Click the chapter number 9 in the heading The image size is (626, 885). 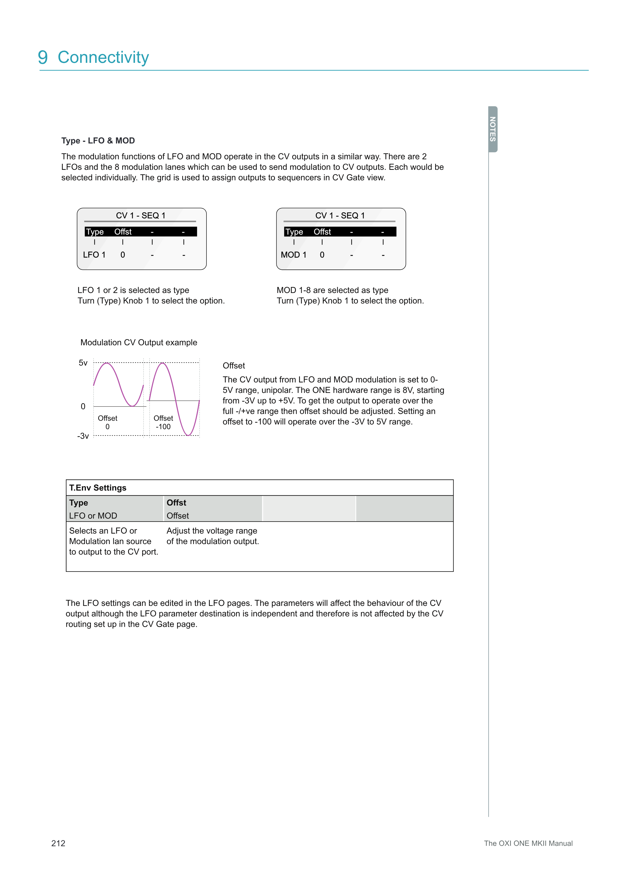(43, 58)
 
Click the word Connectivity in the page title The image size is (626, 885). (103, 58)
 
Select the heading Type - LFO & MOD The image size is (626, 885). (98, 141)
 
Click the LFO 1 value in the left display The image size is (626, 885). (94, 255)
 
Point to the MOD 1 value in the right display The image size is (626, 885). (293, 255)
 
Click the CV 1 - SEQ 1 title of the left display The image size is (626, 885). (141, 216)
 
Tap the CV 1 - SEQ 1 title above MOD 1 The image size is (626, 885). (340, 216)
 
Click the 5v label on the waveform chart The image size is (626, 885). (83, 363)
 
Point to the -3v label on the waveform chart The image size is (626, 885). (83, 436)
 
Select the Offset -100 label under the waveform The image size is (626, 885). (163, 422)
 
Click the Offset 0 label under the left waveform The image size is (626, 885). (108, 422)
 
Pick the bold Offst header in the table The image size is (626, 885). (176, 503)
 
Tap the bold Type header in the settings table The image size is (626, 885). (79, 503)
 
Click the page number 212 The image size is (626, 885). (58, 843)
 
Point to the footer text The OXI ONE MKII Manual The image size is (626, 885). (528, 843)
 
